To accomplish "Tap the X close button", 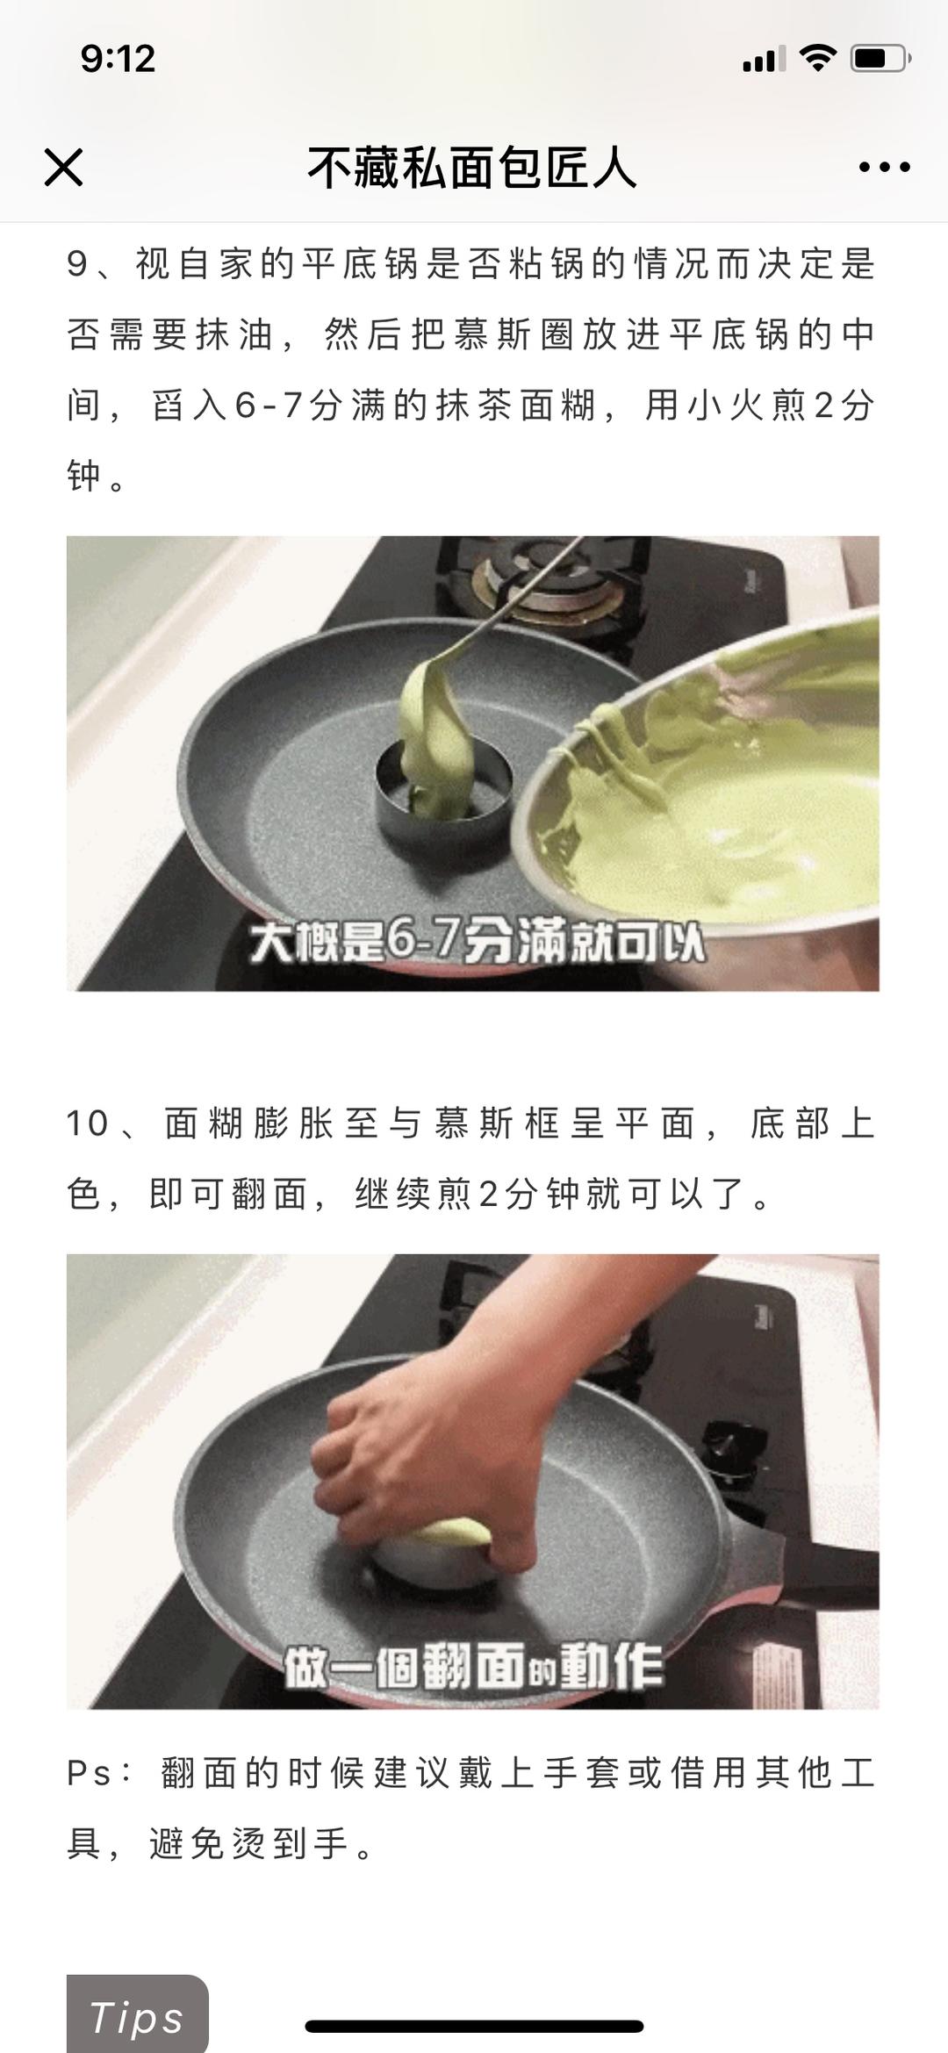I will (63, 167).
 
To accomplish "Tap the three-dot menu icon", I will (884, 167).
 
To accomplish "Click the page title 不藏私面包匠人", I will (472, 167).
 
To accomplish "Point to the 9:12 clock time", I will (118, 59).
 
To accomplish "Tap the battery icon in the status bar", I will (880, 59).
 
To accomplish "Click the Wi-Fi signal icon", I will (817, 58).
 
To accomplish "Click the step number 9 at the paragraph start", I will (77, 264).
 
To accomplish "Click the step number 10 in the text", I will (88, 1123).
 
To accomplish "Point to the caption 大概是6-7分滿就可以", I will (477, 942).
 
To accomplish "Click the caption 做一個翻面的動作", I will (473, 1665).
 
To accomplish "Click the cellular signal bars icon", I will (764, 60).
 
